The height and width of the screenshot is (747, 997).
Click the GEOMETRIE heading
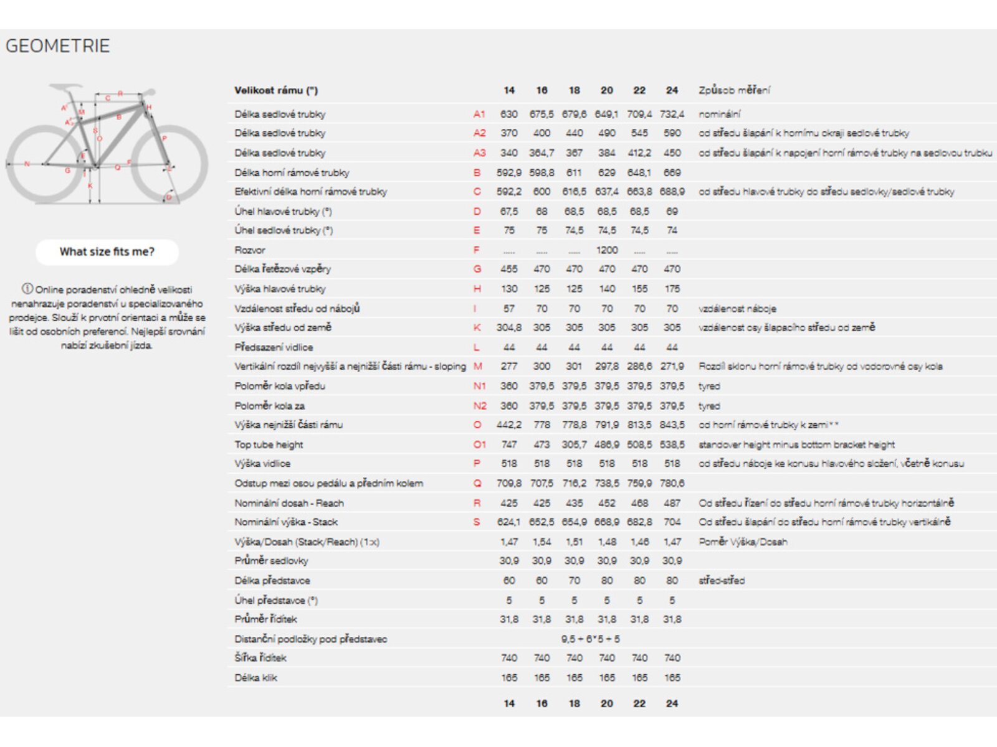(57, 46)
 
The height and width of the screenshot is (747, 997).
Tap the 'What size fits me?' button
(107, 251)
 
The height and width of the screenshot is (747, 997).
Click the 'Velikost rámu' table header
(276, 90)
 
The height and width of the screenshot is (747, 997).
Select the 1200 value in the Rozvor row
(606, 250)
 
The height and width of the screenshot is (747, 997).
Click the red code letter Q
(477, 483)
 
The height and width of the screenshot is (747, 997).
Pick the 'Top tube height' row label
(269, 444)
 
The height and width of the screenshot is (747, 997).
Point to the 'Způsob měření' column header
(734, 90)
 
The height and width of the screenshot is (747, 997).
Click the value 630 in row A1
(508, 114)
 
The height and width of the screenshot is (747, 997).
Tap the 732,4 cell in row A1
(672, 114)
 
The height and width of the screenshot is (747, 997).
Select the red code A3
(479, 153)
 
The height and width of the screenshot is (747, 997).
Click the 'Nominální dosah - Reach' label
(289, 503)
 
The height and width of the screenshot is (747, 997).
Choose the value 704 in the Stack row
(672, 522)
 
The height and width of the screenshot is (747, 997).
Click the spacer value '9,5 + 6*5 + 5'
(590, 639)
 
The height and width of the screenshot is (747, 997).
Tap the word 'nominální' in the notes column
(720, 114)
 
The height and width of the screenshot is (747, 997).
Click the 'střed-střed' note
(722, 580)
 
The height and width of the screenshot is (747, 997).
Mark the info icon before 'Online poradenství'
(27, 289)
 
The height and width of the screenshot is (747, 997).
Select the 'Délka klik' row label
(255, 677)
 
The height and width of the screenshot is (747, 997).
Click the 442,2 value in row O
(508, 425)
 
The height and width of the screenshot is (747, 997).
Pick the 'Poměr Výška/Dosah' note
(743, 542)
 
